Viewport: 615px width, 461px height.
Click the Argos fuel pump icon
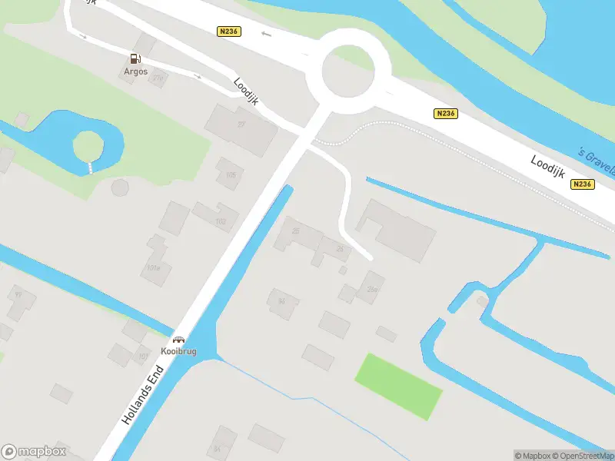pos(135,58)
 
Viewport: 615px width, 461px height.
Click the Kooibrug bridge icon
pos(179,340)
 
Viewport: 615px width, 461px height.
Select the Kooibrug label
pos(179,351)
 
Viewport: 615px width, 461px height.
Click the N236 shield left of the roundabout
pos(229,32)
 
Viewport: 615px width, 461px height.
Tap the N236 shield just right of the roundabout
pos(445,114)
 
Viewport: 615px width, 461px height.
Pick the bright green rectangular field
pos(398,386)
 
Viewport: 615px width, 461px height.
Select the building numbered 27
pos(241,127)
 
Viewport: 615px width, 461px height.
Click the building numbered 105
pos(229,174)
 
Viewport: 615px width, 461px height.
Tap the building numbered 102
pos(218,217)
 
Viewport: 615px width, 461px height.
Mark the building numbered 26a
pos(371,287)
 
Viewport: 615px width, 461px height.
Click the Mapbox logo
pos(34,452)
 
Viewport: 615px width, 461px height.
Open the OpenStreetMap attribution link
pos(583,456)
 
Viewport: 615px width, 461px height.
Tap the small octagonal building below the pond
pos(121,187)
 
